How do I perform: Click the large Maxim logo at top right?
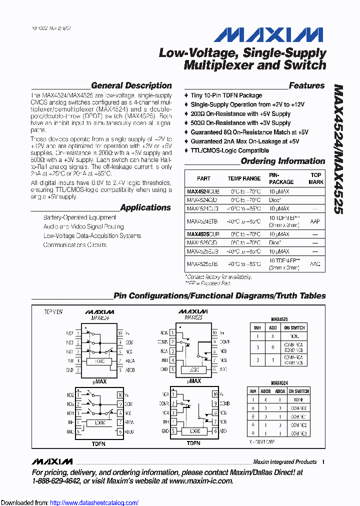pyautogui.click(x=268, y=34)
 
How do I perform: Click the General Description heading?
pyautogui.click(x=131, y=85)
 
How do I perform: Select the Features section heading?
pyautogui.click(x=306, y=85)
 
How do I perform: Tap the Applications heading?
pyautogui.click(x=145, y=207)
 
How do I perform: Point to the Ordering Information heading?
pyautogui.click(x=282, y=161)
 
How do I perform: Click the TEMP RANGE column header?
pyautogui.click(x=244, y=178)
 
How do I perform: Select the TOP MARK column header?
pyautogui.click(x=315, y=178)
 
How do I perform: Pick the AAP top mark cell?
pyautogui.click(x=315, y=221)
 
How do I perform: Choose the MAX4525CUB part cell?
pyautogui.click(x=203, y=233)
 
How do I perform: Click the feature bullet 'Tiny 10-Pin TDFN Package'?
pyautogui.click(x=226, y=95)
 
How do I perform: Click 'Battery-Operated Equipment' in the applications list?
pyautogui.click(x=79, y=217)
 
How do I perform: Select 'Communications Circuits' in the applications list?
pyautogui.click(x=74, y=245)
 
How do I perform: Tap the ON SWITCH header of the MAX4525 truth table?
pyautogui.click(x=294, y=327)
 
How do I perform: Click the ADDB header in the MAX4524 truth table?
pyautogui.click(x=266, y=391)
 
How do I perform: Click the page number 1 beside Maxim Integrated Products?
pyautogui.click(x=323, y=462)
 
